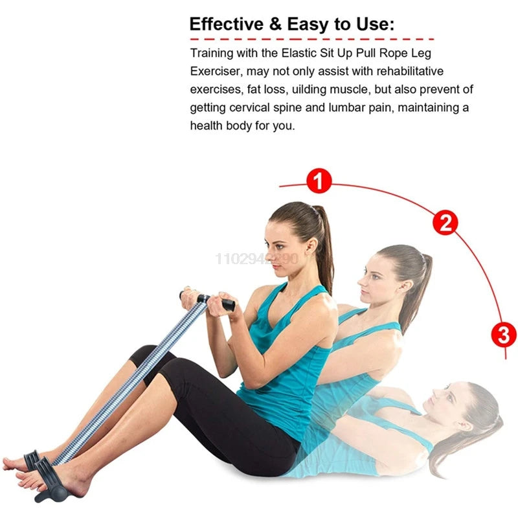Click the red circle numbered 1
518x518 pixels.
[319, 181]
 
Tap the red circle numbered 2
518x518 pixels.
[445, 223]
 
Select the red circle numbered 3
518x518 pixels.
[504, 335]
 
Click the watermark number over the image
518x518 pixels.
[257, 259]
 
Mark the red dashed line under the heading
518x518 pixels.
[311, 40]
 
